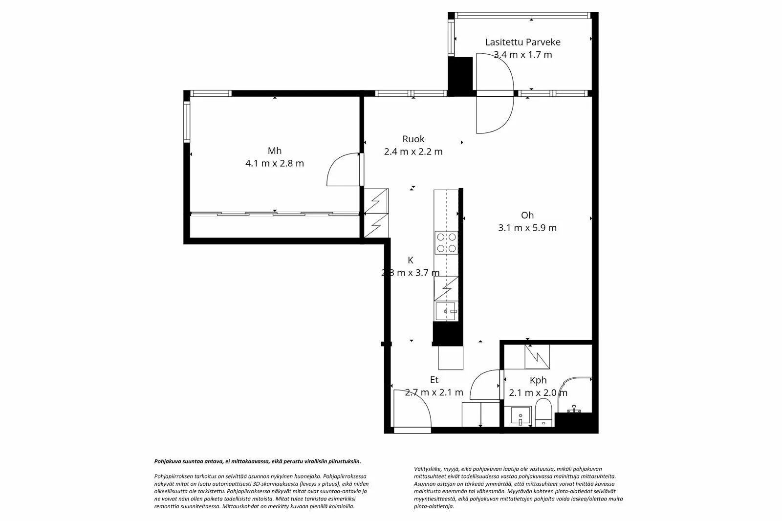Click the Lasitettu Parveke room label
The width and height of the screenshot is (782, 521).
click(522, 42)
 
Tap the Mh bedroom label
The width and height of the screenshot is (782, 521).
click(274, 151)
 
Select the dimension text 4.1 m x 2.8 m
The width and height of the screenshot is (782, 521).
click(274, 163)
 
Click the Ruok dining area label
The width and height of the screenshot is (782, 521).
click(413, 139)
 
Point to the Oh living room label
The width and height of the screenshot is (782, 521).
click(527, 215)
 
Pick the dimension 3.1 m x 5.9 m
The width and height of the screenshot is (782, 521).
click(527, 228)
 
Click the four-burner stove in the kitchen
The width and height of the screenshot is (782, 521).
click(446, 242)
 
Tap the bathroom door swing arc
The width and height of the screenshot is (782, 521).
click(484, 384)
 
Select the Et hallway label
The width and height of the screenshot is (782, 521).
click(434, 380)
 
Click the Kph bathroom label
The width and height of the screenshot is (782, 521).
click(538, 380)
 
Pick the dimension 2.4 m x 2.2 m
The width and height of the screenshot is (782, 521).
click(413, 152)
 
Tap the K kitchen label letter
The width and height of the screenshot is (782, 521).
click(411, 260)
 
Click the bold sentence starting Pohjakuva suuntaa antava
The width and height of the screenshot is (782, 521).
click(258, 461)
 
